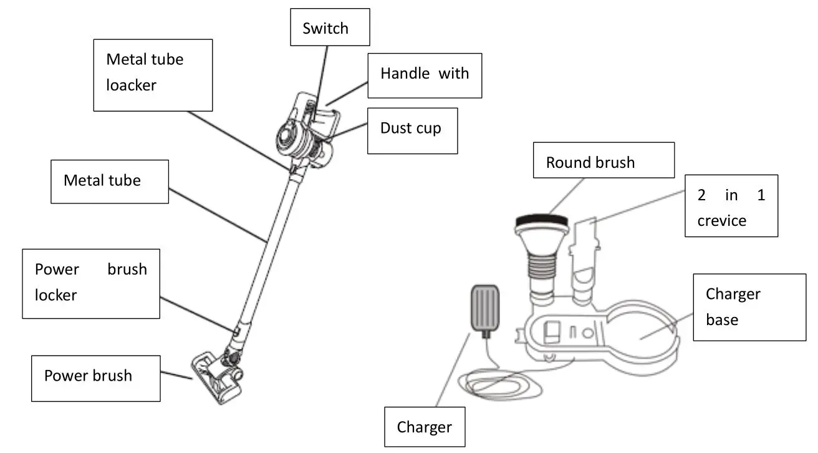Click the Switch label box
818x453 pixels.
coord(330,27)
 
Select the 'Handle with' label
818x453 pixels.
coord(424,75)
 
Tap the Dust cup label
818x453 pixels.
coord(411,130)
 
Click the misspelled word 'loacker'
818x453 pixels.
coord(131,85)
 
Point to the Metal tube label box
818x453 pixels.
coord(109,181)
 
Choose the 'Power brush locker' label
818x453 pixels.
coord(91,283)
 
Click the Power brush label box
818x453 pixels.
coord(95,377)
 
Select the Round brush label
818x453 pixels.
coord(603,161)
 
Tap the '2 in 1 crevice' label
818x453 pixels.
coord(731,206)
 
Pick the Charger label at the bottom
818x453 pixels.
coord(424,427)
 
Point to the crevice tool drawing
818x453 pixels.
coord(585,259)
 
